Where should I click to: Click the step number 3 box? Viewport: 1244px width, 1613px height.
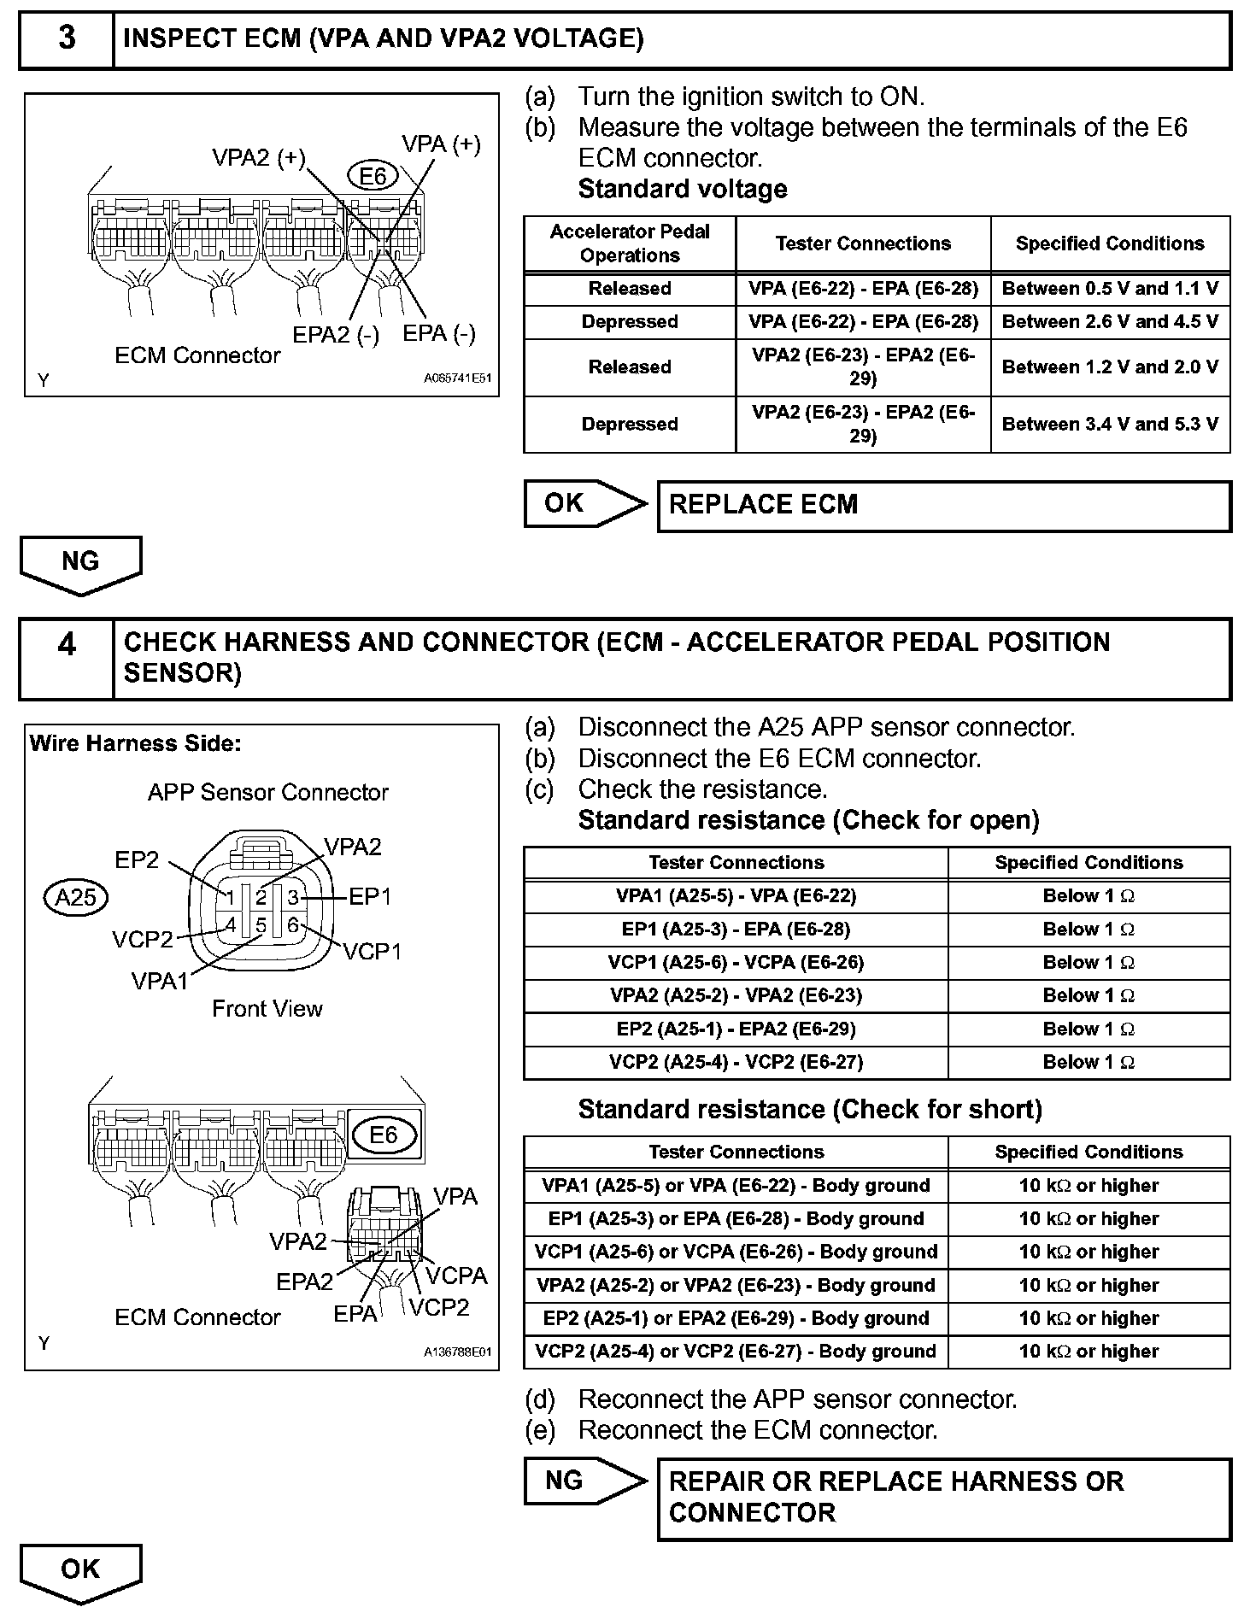tap(67, 39)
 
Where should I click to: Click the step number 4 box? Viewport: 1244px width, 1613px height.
tap(67, 658)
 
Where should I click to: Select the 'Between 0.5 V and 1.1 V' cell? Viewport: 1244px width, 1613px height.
tap(1110, 289)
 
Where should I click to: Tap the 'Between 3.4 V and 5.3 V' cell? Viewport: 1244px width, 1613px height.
tap(1110, 424)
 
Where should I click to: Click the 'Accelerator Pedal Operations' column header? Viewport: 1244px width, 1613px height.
tap(630, 243)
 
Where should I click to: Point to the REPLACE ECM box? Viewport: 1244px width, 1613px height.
tap(943, 505)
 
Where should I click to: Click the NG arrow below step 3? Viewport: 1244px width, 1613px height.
tap(80, 563)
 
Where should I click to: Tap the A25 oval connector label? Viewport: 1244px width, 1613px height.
tap(76, 898)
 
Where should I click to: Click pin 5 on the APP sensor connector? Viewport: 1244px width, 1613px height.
tap(261, 925)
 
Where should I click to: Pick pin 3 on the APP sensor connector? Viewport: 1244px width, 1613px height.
tap(292, 897)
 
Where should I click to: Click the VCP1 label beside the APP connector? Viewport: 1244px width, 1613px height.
tap(373, 952)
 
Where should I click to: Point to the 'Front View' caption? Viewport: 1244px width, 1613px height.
tap(267, 1009)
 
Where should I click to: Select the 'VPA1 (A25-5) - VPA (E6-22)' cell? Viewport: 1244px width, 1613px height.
tap(736, 896)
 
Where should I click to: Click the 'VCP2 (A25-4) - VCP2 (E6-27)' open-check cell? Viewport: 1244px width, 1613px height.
tap(736, 1062)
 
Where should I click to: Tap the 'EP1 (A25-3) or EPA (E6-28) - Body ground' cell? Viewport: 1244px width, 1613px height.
tap(736, 1219)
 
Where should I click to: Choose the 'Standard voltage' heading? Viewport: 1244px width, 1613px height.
tap(683, 189)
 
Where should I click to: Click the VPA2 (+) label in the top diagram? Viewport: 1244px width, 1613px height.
tap(258, 158)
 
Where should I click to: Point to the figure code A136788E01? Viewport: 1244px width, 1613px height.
tap(457, 1352)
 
